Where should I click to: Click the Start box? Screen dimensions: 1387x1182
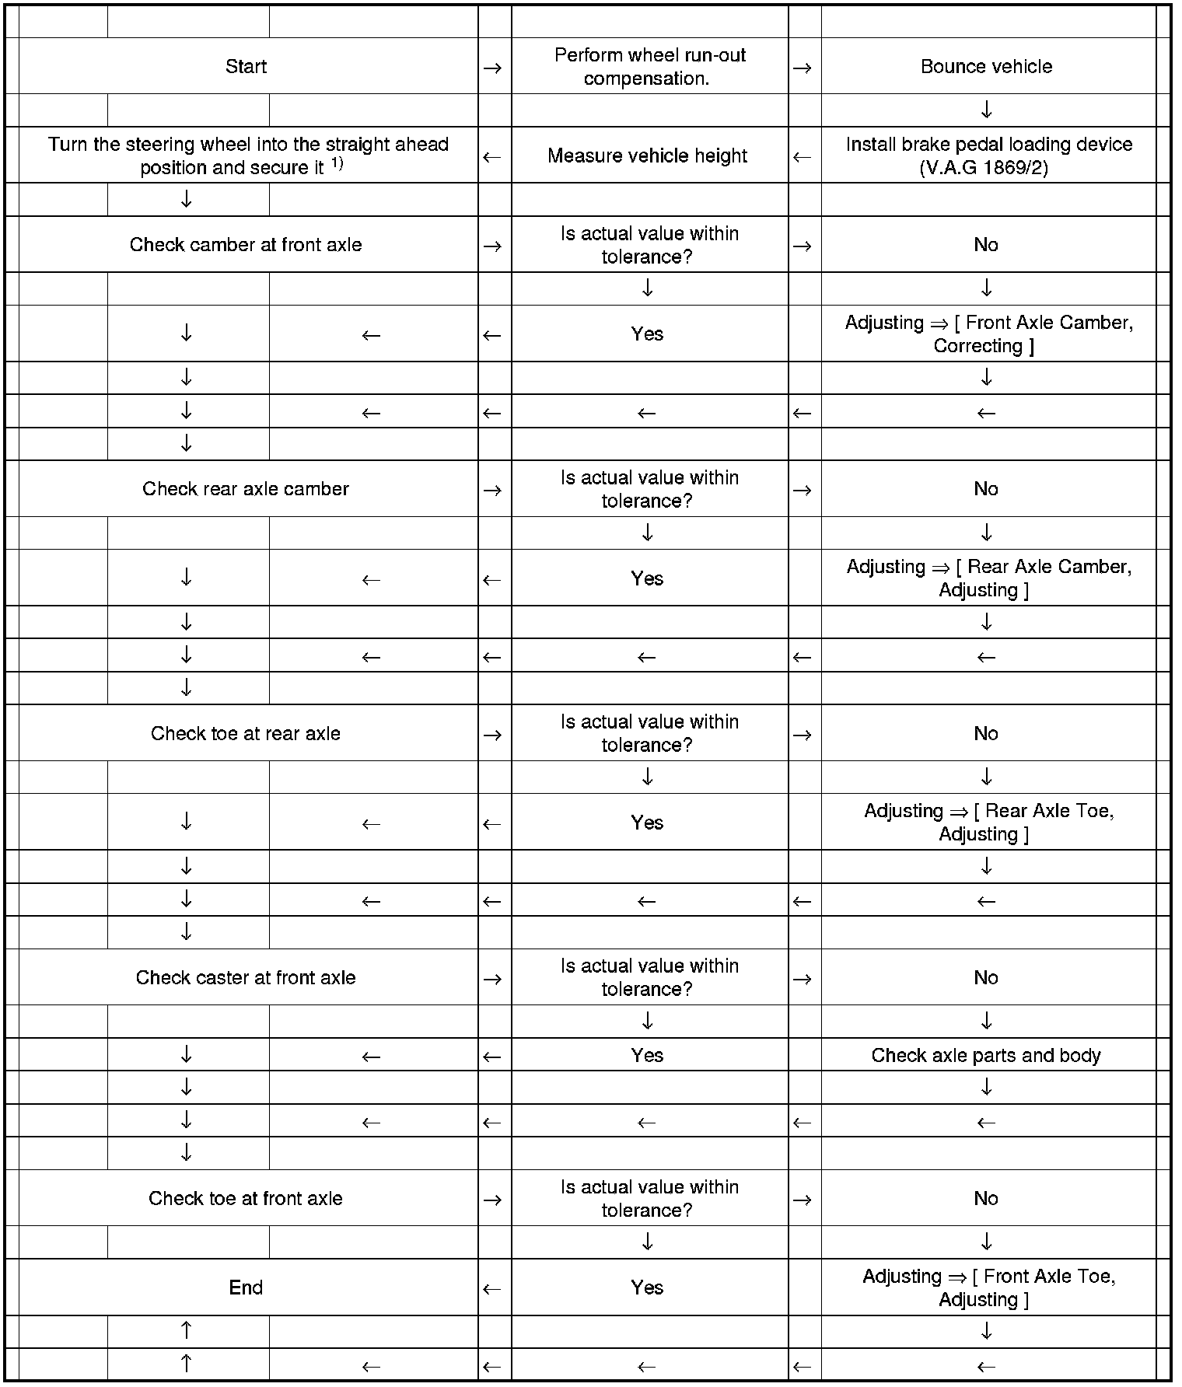[x=246, y=67]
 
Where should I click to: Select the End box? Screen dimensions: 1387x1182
[x=246, y=1287]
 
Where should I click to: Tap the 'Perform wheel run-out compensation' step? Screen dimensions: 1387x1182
[x=649, y=67]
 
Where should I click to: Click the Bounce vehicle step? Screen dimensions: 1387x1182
[x=986, y=67]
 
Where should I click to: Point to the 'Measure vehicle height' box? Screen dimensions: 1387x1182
[x=647, y=156]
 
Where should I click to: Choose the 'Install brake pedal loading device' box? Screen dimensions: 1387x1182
[x=988, y=156]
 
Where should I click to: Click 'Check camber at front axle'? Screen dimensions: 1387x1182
[x=246, y=245]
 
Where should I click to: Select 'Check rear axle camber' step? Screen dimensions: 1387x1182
[x=246, y=489]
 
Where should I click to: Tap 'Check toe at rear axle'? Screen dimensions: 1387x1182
[x=246, y=734]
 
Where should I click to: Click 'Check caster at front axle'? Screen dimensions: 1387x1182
[x=246, y=978]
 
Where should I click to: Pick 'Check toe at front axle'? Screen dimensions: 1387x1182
[x=246, y=1199]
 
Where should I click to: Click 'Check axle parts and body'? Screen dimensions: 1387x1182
[x=986, y=1056]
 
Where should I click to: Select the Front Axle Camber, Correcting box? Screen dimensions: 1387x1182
[x=988, y=334]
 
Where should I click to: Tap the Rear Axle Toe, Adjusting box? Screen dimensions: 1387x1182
[x=988, y=823]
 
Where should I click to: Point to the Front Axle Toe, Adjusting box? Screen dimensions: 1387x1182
[x=988, y=1287]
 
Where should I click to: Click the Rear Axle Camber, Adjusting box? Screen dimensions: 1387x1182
[x=988, y=578]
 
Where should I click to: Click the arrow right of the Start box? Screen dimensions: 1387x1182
[x=492, y=68]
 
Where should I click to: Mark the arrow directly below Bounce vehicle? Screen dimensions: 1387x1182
[x=986, y=110]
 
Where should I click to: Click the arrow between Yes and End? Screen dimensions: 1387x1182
[x=492, y=1289]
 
